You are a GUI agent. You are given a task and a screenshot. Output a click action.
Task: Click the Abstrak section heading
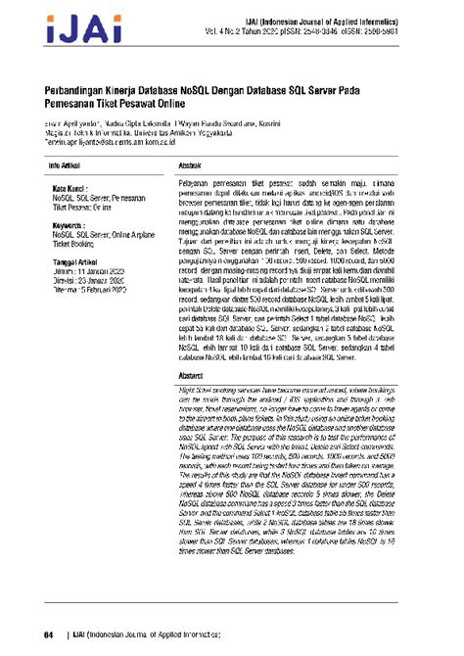[162, 168]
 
